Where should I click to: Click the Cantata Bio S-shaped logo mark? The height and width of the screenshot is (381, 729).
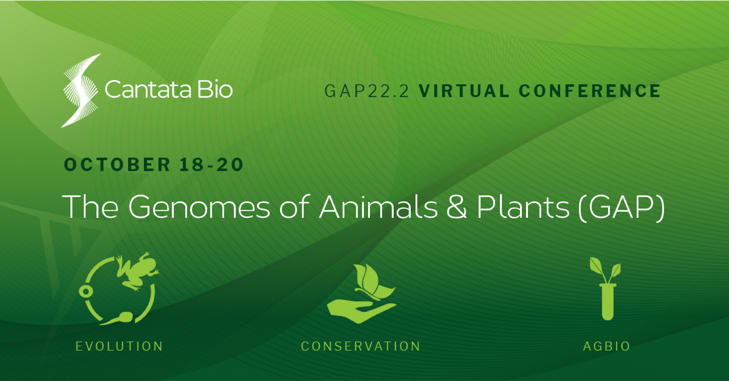[x=81, y=90]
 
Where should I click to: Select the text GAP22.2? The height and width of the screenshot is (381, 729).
[x=367, y=91]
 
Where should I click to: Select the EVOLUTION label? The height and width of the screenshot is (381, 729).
[x=119, y=346]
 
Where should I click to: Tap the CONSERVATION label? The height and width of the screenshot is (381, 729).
[x=361, y=346]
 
